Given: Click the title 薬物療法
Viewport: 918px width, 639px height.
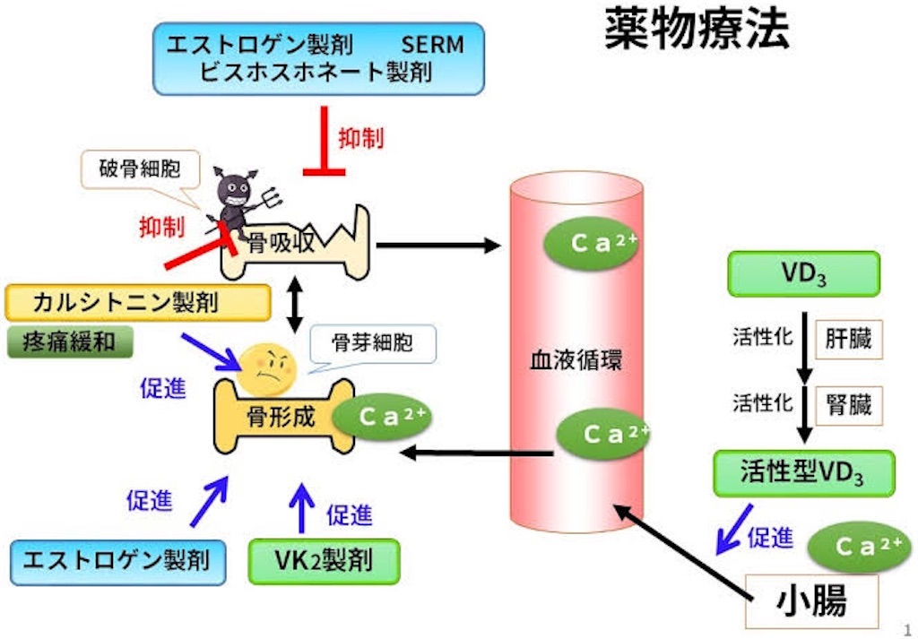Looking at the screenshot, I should tap(697, 29).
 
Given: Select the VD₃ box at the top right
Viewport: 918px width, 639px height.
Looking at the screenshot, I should tap(802, 274).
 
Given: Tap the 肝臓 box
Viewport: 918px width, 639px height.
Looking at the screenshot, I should tap(849, 340).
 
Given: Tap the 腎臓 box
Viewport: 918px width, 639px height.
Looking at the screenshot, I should tap(849, 405).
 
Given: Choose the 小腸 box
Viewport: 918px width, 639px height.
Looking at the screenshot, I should tap(811, 601).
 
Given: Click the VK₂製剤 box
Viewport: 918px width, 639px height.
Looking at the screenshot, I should tap(323, 560).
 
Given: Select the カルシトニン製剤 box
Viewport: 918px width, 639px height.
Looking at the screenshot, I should tap(138, 302).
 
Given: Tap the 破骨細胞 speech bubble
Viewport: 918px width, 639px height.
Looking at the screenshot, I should tap(134, 170).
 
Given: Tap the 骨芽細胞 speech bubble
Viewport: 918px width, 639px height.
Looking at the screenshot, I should tap(371, 341).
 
